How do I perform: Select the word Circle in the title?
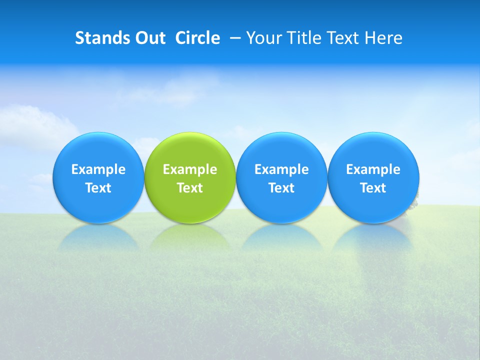pyautogui.click(x=197, y=38)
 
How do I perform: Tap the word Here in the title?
pyautogui.click(x=384, y=38)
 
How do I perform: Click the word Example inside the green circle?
pyautogui.click(x=190, y=170)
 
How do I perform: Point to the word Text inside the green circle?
pyautogui.click(x=190, y=188)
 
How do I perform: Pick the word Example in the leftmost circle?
pyautogui.click(x=98, y=170)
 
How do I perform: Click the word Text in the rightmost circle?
pyautogui.click(x=373, y=188)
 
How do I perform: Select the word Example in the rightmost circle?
pyautogui.click(x=373, y=170)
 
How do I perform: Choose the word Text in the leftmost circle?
pyautogui.click(x=98, y=188)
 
